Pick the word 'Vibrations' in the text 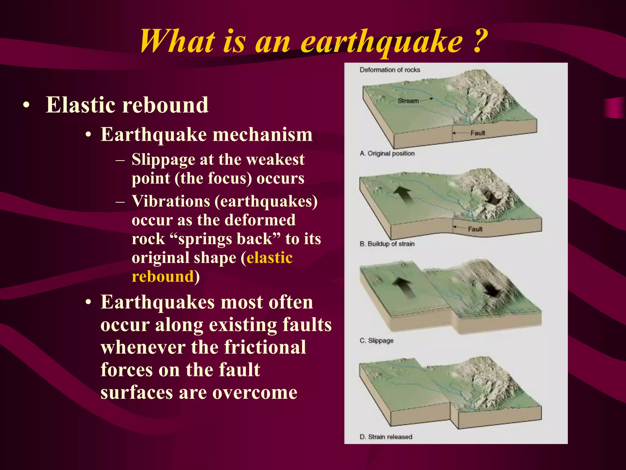tap(171, 201)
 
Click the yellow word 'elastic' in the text tap(270, 258)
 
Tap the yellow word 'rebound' tap(163, 277)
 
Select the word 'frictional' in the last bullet tap(265, 347)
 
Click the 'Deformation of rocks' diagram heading tap(390, 70)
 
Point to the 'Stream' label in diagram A tap(408, 101)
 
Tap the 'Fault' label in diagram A tap(477, 133)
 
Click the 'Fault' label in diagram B tap(475, 229)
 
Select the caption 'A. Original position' tap(387, 153)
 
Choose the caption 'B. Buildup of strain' tap(387, 244)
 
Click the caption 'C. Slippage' tap(377, 341)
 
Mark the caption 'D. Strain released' tap(386, 437)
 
